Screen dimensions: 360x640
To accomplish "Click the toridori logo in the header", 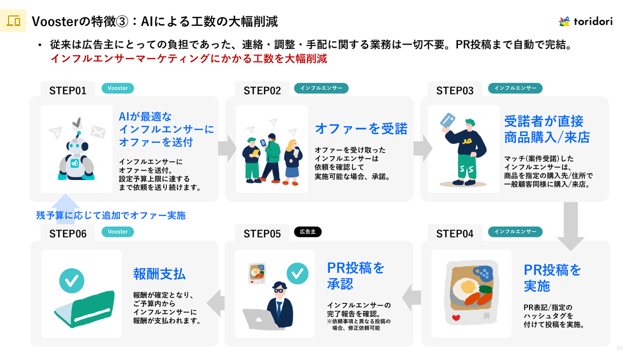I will coord(585,21).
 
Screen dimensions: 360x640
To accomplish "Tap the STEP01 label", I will coord(67,90).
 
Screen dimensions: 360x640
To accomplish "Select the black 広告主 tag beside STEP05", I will coord(307,232).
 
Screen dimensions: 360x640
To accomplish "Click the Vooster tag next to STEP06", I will coord(118,232).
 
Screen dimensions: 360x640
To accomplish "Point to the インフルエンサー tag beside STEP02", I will coord(321,88).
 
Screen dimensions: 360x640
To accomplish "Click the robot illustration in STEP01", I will coord(76,155).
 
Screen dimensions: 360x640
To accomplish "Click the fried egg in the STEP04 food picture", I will coord(468,287).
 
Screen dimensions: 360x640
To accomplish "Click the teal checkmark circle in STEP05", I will coord(296,273).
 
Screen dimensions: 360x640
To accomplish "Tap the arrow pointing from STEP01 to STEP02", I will coord(227,148).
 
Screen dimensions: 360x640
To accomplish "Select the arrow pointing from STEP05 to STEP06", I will coord(215,303).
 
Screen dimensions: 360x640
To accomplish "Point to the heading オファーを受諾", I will coord(361,128).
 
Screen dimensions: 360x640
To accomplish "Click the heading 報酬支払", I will coord(159,273).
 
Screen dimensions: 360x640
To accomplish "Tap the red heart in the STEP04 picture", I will coord(455,317).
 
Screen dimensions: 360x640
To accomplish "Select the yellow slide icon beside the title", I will coord(13,21).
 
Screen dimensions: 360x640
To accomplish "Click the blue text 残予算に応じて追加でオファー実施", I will coord(110,215).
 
